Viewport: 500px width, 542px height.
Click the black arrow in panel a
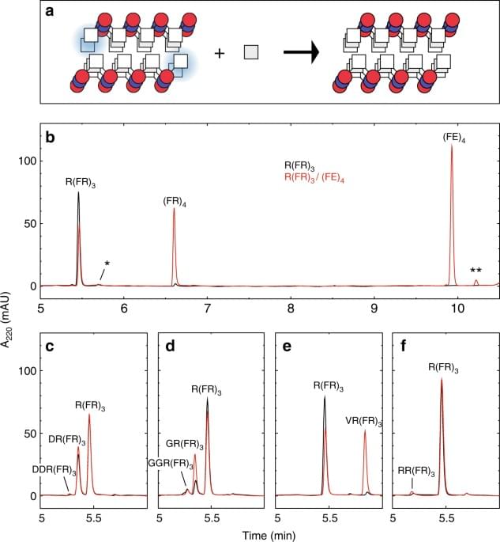click(301, 52)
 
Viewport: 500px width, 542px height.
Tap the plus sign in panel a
click(220, 53)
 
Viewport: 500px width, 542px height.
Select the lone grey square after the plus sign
click(251, 52)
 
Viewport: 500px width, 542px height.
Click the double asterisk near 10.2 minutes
click(475, 271)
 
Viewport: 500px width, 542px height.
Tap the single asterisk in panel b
click(107, 264)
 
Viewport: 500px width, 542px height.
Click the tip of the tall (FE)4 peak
click(452, 146)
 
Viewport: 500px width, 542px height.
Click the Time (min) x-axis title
click(268, 534)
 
